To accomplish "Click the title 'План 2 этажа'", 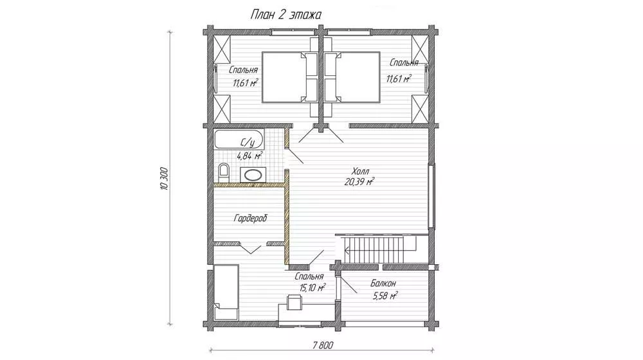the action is pos(286,14).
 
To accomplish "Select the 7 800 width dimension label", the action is pos(322,345).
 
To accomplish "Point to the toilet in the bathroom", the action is pos(224,173).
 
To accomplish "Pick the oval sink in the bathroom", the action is pos(253,175).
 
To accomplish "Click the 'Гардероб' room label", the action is pos(250,218).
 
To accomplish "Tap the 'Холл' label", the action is pos(360,171).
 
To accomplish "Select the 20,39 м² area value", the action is pos(359,182).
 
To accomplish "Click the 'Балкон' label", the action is pos(383,283).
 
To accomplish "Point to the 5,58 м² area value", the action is pos(385,295).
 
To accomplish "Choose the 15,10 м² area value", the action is pos(312,287).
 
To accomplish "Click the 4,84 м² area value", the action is pos(249,156).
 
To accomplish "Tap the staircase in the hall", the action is pos(376,249).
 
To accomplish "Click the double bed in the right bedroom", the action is pos(352,76).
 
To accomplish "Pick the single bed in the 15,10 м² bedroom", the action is pos(226,292).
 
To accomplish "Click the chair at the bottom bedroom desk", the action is pos(294,302).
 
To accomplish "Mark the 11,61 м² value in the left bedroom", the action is pos(245,83).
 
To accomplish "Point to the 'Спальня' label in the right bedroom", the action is pos(404,63).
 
